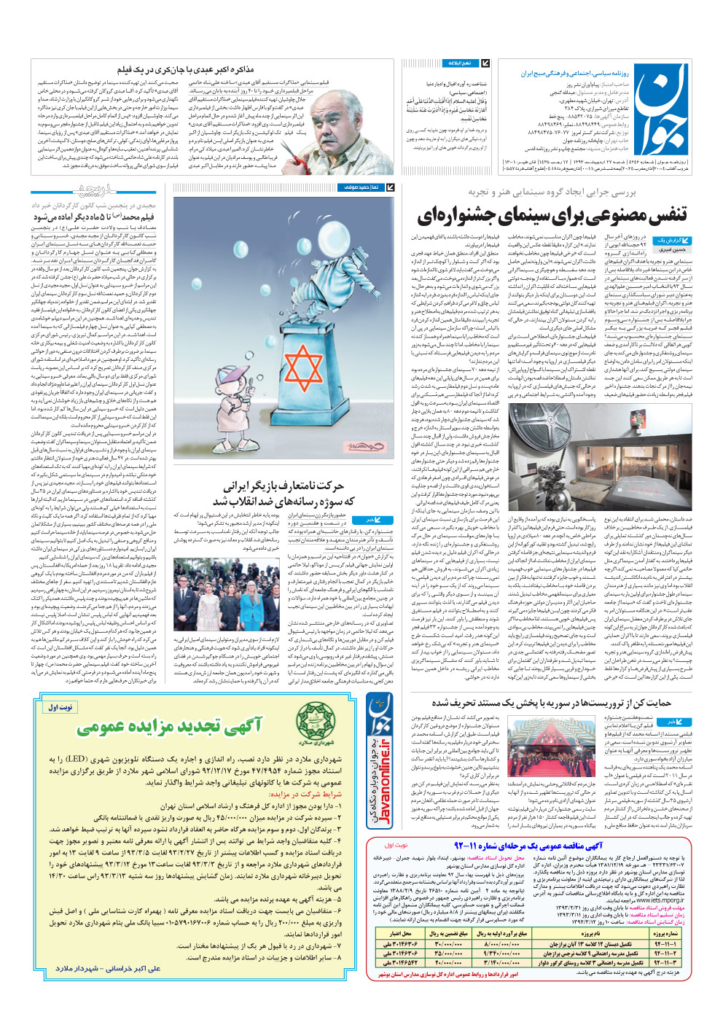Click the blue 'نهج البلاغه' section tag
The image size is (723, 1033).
[460, 63]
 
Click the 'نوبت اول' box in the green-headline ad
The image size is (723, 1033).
[61, 707]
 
